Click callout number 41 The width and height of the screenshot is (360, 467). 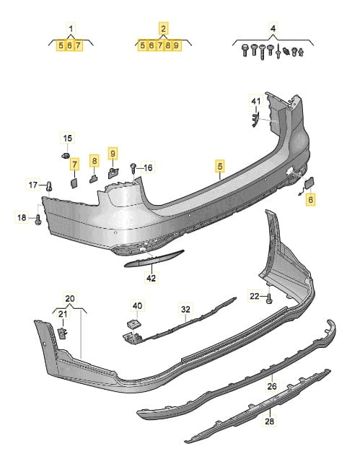coord(256,101)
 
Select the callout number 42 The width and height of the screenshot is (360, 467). coord(151,278)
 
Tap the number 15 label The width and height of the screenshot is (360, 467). coord(68,138)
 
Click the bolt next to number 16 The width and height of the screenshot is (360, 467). coord(133,169)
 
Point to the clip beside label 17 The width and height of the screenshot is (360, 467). coord(49,186)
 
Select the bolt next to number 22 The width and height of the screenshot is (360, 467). coord(270,298)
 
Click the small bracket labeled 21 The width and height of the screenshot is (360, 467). coord(62,333)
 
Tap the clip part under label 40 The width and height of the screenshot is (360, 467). coord(133,324)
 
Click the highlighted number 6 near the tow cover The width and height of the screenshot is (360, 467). coord(310,199)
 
